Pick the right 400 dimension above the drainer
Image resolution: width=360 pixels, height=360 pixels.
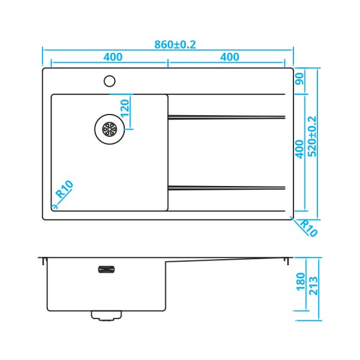(229, 57)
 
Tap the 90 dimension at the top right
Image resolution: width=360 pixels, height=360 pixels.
(299, 79)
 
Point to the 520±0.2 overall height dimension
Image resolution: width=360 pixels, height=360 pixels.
(312, 137)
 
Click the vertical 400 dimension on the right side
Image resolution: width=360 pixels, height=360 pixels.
(299, 149)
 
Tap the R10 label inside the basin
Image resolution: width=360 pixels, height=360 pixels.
(64, 191)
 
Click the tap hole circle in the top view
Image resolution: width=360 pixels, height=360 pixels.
(110, 81)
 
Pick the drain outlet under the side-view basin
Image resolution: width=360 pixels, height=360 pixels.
(107, 314)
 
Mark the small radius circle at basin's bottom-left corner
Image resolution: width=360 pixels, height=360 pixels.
(54, 207)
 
